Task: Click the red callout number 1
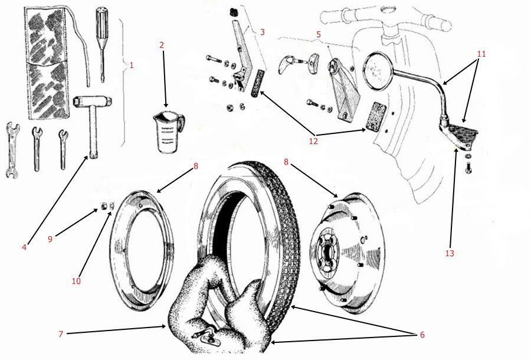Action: [x=131, y=66]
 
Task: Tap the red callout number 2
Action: [x=162, y=45]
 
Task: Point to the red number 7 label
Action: [x=61, y=334]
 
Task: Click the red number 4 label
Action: [x=24, y=248]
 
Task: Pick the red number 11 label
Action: [x=481, y=54]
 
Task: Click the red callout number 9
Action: [x=51, y=239]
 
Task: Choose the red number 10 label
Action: [x=76, y=281]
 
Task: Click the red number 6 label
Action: [x=421, y=335]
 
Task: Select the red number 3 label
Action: [x=262, y=32]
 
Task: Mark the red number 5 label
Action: [x=319, y=34]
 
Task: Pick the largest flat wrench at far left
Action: [x=10, y=150]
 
